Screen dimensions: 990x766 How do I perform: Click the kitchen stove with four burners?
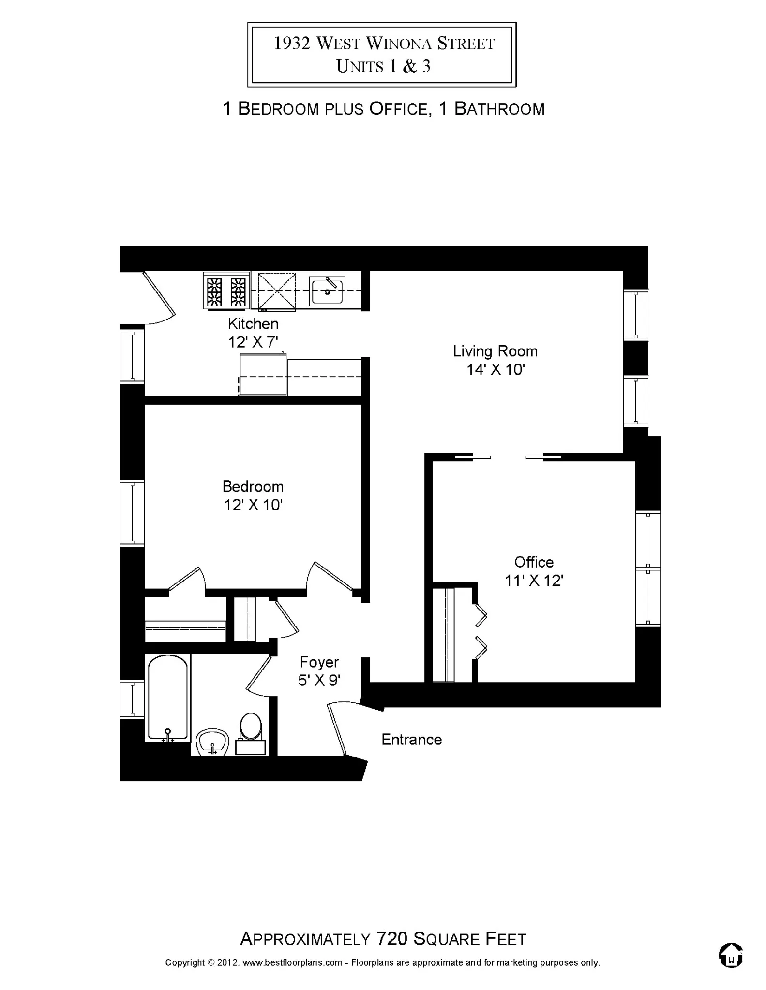226,291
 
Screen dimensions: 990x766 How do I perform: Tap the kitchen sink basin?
327,291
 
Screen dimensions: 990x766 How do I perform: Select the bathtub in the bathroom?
167,698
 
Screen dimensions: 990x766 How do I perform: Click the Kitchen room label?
253,323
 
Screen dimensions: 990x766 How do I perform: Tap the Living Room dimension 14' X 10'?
496,370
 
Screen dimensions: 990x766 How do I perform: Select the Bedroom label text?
253,486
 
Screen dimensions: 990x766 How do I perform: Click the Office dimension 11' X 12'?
534,581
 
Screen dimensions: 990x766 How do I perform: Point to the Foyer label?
319,662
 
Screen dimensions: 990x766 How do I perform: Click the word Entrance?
411,739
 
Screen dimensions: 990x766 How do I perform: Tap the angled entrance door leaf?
337,729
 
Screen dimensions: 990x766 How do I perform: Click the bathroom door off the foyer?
259,672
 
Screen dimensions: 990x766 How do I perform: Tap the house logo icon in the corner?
731,955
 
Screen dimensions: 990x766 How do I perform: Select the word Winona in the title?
399,44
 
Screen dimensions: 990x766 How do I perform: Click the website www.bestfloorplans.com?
292,962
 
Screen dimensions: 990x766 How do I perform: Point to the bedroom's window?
132,512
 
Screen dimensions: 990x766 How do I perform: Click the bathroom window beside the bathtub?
132,699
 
